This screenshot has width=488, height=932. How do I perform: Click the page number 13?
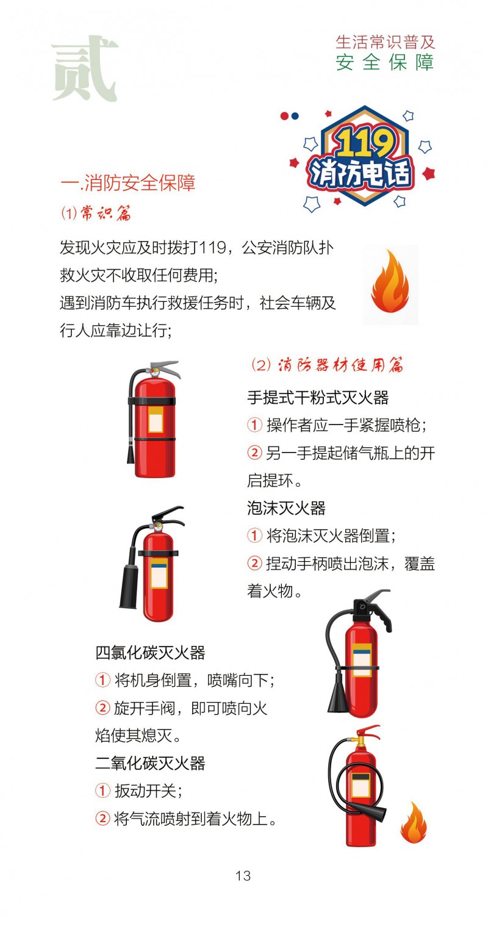(243, 875)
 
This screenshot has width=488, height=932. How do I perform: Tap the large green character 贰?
(84, 68)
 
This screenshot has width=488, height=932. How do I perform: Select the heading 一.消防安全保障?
(128, 182)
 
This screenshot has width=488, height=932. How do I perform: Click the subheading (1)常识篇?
(96, 213)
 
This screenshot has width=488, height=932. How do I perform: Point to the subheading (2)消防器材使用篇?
(327, 365)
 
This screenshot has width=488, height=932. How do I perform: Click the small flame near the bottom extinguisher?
(414, 823)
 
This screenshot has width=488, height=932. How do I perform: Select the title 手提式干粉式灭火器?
(318, 398)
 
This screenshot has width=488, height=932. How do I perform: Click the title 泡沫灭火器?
(286, 508)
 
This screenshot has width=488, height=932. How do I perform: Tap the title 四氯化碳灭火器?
(150, 653)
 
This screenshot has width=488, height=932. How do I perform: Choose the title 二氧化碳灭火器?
(150, 763)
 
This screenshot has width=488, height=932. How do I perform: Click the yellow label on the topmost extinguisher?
(156, 420)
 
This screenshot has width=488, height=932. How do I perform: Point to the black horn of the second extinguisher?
(129, 587)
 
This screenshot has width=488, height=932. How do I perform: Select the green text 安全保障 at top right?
(386, 62)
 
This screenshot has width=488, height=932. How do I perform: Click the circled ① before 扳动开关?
(102, 790)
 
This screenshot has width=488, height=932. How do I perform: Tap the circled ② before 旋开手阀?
(102, 708)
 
